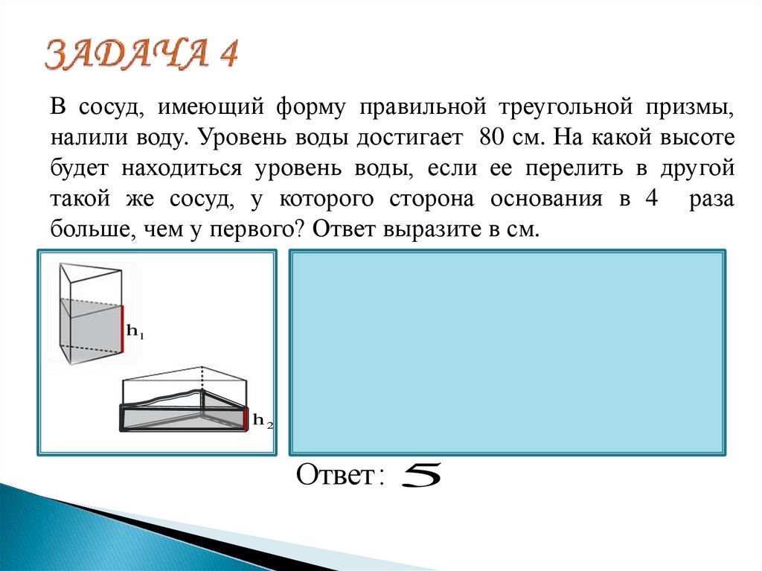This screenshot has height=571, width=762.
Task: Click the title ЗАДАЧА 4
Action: [142, 57]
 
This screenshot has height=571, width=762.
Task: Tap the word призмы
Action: [697, 107]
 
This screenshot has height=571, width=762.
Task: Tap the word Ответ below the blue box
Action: [335, 476]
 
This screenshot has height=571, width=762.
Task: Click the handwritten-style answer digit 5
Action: [420, 476]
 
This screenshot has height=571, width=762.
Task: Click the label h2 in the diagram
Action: [262, 421]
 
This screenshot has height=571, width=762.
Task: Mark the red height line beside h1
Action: [122, 328]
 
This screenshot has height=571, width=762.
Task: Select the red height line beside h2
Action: [245, 419]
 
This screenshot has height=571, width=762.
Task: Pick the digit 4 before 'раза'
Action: [652, 199]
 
